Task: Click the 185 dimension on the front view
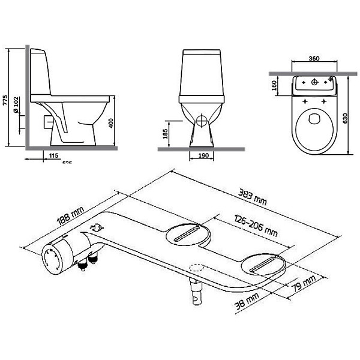pos(166,133)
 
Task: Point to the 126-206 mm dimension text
pos(256,226)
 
